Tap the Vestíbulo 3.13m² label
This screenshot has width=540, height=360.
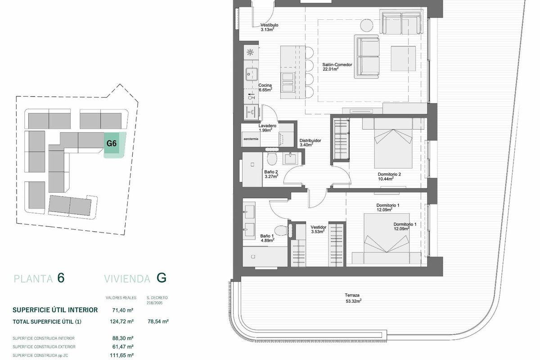coord(269,27)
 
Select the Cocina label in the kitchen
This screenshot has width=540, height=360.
coord(265,85)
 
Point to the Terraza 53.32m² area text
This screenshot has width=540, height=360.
coord(353,298)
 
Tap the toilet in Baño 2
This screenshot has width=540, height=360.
coord(272,159)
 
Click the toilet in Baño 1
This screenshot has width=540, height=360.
coord(280,230)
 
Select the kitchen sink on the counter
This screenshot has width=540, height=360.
coord(252,74)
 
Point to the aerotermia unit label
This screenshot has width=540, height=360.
coord(251,139)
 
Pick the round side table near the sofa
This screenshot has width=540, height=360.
coord(367,25)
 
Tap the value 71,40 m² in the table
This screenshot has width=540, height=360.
coord(123,310)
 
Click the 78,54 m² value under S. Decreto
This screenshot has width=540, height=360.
coord(158,321)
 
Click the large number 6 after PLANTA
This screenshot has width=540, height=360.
coord(61,278)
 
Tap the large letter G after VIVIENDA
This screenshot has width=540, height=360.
coord(162,278)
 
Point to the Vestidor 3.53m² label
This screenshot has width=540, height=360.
coord(318,229)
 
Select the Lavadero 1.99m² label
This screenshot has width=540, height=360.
coord(267,128)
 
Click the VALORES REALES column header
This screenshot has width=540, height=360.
coord(121,298)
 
